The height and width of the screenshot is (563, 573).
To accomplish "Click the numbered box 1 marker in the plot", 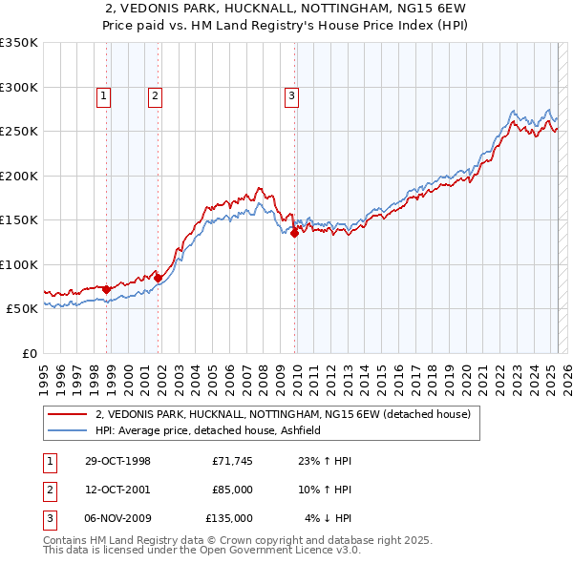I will [x=102, y=94].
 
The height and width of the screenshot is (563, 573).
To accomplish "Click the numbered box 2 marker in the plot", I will [x=154, y=94].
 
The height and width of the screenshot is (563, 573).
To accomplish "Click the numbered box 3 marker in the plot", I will [x=290, y=94].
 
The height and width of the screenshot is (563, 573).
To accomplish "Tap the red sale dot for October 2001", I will [x=159, y=278].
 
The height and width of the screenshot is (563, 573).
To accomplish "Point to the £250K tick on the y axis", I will [x=19, y=131].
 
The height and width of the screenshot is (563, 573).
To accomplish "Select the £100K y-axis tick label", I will [x=19, y=264].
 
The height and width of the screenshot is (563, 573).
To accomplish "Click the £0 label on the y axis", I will [x=29, y=353].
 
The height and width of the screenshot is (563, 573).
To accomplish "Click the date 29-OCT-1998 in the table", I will [x=117, y=461].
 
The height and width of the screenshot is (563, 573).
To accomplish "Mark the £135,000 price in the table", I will [x=229, y=518].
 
